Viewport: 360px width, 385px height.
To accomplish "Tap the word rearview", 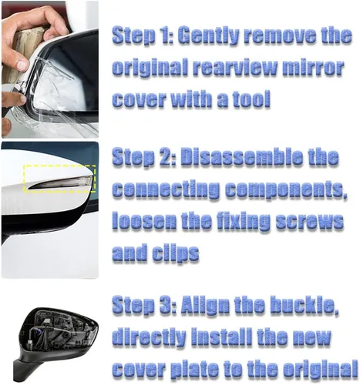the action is pyautogui.click(x=235, y=67).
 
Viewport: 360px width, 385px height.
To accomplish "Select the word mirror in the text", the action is pyautogui.click(x=313, y=67).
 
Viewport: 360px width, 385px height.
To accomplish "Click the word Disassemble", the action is pyautogui.click(x=241, y=157).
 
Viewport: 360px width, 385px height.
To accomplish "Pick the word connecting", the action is pyautogui.click(x=166, y=190).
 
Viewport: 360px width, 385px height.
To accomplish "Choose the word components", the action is pyautogui.click(x=286, y=190).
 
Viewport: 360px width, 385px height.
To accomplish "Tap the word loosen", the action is pyautogui.click(x=144, y=221).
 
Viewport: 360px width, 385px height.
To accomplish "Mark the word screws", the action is pyautogui.click(x=310, y=221).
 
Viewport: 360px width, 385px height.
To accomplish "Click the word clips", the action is pyautogui.click(x=176, y=253).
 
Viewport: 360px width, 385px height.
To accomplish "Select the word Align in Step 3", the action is pyautogui.click(x=205, y=306).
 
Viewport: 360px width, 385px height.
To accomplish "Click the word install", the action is pyautogui.click(x=222, y=336).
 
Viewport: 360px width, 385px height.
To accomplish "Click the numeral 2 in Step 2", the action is pyautogui.click(x=166, y=157).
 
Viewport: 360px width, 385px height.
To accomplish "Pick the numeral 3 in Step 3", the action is pyautogui.click(x=166, y=306).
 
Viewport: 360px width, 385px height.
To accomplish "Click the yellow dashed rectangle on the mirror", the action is pyautogui.click(x=59, y=166).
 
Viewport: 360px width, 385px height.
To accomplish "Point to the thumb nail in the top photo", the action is pyautogui.click(x=22, y=64).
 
